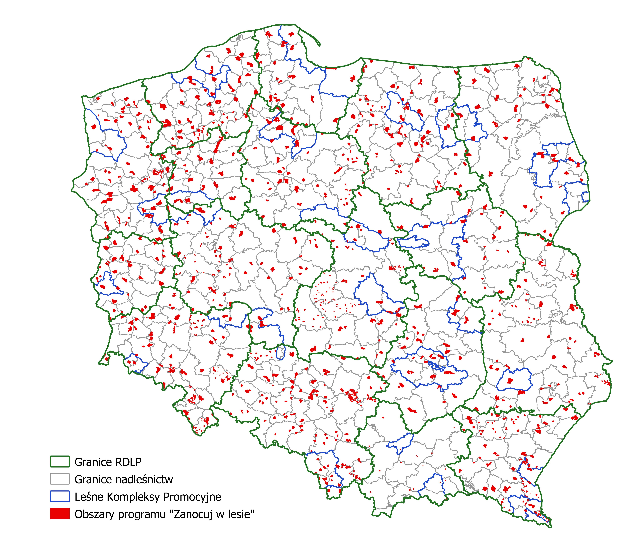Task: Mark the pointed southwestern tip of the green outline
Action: pyautogui.click(x=99, y=363)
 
